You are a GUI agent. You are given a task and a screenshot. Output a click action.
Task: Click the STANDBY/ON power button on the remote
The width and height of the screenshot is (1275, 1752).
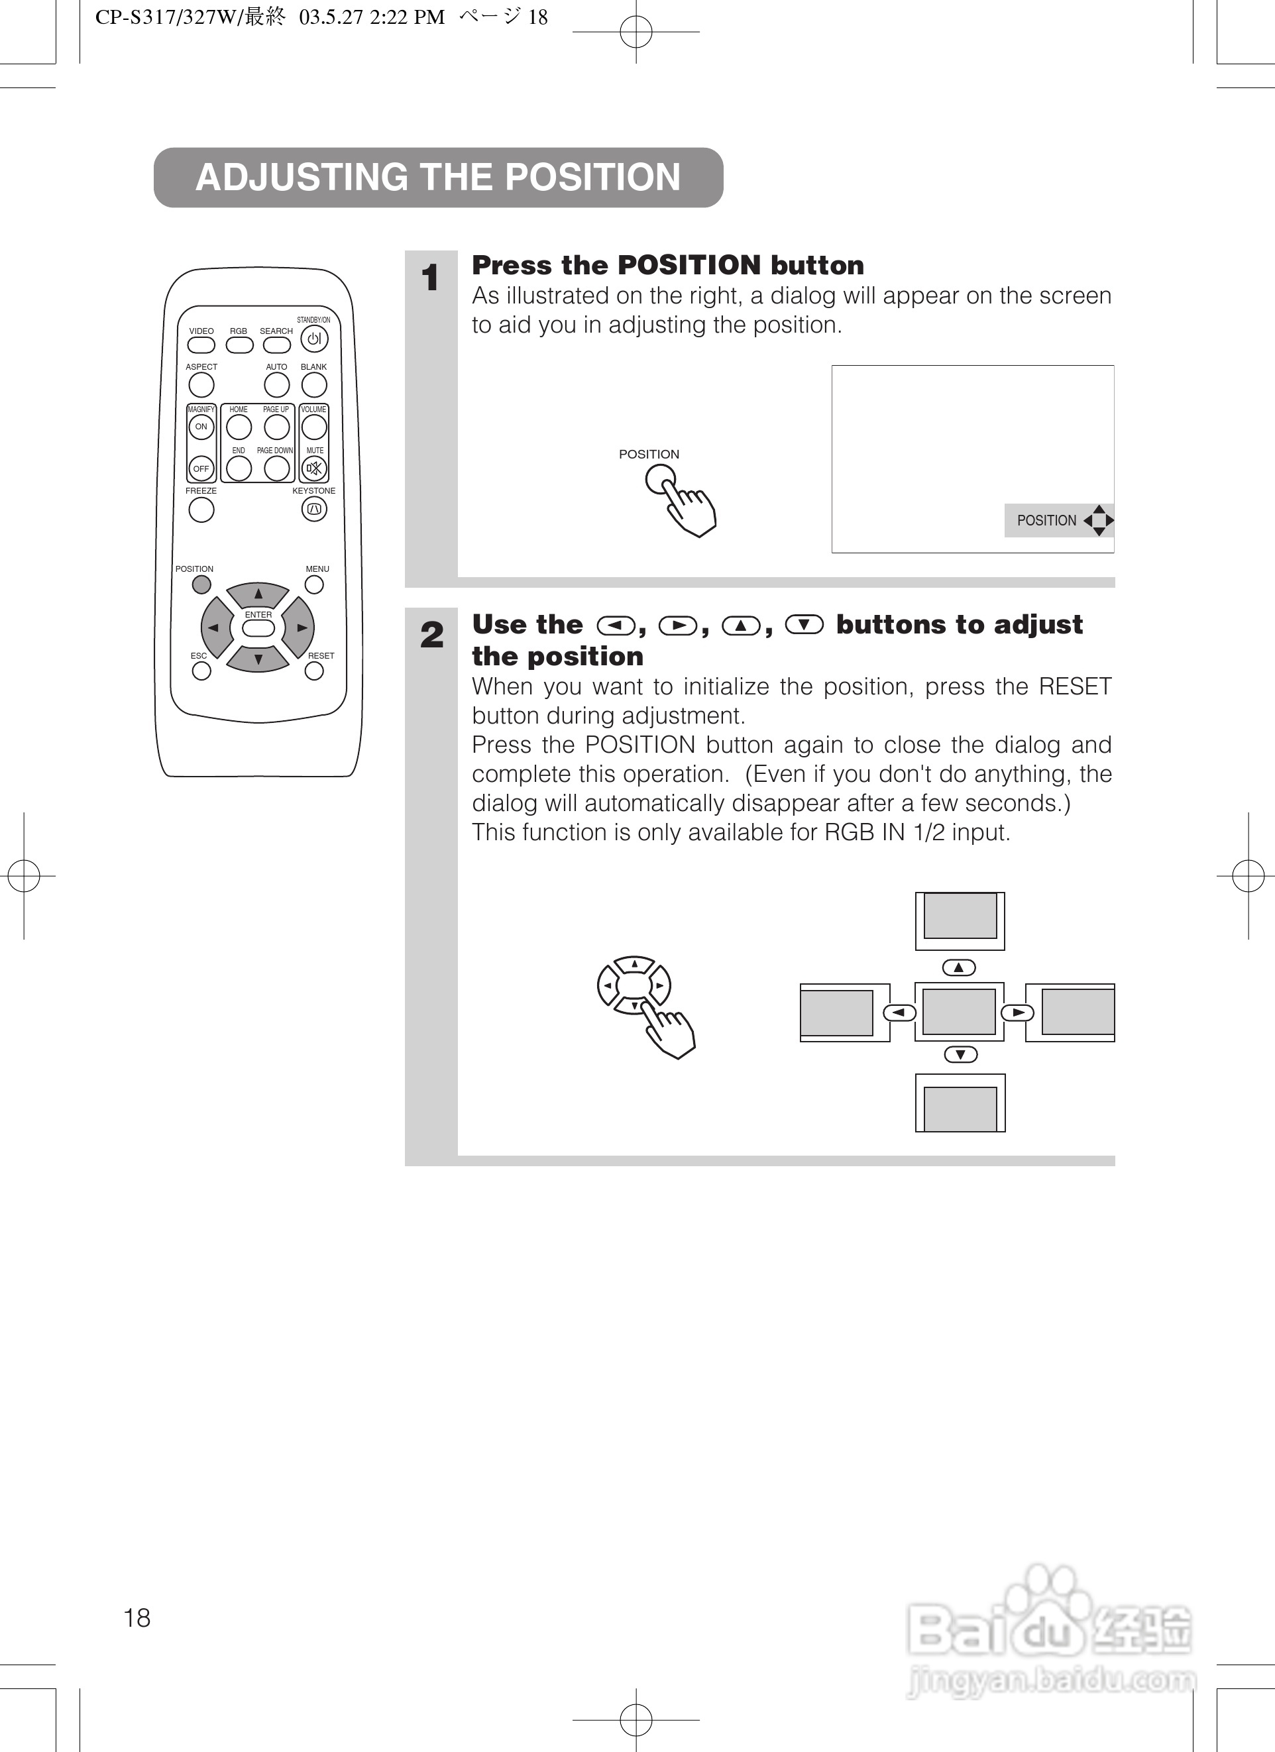(x=313, y=339)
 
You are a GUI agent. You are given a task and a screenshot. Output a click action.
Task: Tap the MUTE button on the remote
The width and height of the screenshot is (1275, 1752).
(x=313, y=468)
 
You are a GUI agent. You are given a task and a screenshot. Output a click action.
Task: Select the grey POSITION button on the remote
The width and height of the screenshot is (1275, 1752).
(x=201, y=584)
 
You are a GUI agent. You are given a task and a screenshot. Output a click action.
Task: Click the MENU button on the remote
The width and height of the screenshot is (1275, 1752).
(x=313, y=584)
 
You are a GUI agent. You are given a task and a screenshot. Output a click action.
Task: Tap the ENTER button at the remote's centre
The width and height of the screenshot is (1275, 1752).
(x=258, y=628)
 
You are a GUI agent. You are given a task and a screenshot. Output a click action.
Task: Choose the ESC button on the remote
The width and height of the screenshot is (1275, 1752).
(x=201, y=671)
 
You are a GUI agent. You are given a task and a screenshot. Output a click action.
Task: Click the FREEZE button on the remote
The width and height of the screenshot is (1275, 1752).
(x=201, y=510)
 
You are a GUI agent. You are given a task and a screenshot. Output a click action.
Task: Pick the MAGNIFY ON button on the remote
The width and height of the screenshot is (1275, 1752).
(x=201, y=427)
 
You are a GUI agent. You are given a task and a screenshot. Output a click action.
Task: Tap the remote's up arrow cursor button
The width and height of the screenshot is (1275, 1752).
(x=258, y=594)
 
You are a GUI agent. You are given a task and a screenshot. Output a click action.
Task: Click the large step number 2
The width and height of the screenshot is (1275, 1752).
(x=431, y=635)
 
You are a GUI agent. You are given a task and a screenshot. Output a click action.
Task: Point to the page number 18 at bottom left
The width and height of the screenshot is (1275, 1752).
(x=137, y=1617)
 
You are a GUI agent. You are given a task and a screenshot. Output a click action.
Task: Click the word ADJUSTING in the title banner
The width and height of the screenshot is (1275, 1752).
(x=302, y=177)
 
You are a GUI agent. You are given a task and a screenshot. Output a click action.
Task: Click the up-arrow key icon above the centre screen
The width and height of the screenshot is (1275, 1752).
(x=959, y=967)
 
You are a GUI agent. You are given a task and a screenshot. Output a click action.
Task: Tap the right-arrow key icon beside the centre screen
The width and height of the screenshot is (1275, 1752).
(x=1018, y=1012)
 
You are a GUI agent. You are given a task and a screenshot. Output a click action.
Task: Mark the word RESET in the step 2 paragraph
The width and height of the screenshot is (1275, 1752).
(x=1074, y=686)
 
